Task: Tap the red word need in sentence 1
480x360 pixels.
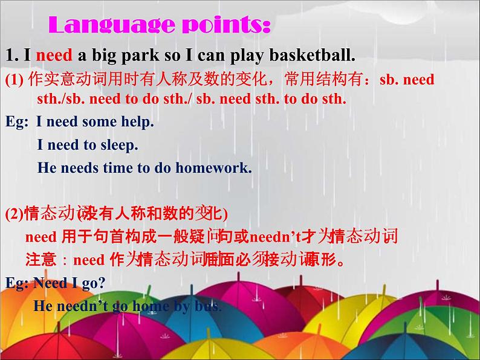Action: (x=54, y=56)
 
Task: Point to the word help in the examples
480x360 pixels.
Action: (x=140, y=121)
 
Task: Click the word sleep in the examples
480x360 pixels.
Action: (x=120, y=145)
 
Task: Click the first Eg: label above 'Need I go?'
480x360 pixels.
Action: (x=16, y=283)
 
